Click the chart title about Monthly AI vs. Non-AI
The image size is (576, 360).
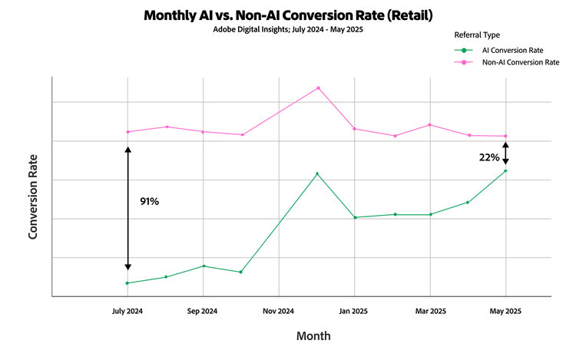tap(287, 15)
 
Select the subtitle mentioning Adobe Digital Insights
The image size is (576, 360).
tap(287, 31)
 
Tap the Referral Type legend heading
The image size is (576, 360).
tap(478, 35)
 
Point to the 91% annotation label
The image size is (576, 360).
tap(149, 201)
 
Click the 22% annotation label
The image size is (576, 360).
tap(488, 157)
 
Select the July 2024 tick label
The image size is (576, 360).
tap(127, 311)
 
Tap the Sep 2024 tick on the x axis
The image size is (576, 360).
tap(203, 311)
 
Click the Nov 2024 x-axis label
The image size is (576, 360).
tap(278, 311)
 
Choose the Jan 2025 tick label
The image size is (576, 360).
tap(354, 311)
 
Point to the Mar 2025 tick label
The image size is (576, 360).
tap(429, 311)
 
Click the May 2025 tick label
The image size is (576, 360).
tap(505, 311)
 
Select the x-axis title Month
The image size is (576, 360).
tap(313, 336)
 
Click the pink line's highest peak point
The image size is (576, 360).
tap(318, 88)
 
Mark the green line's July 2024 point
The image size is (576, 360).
tap(127, 283)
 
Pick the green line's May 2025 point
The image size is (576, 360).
tap(505, 170)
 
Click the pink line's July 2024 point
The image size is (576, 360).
tap(127, 132)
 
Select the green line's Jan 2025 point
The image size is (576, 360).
tap(354, 217)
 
